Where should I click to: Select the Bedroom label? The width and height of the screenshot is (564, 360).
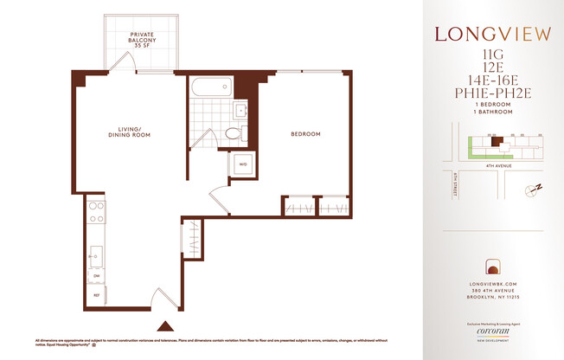pos(305,134)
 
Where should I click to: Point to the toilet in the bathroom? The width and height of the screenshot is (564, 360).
pos(233,134)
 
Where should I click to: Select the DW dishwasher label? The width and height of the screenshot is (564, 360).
pos(96,276)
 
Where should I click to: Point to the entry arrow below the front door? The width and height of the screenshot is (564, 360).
pos(164,326)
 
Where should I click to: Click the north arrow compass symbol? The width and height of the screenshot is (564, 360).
pos(534,189)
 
